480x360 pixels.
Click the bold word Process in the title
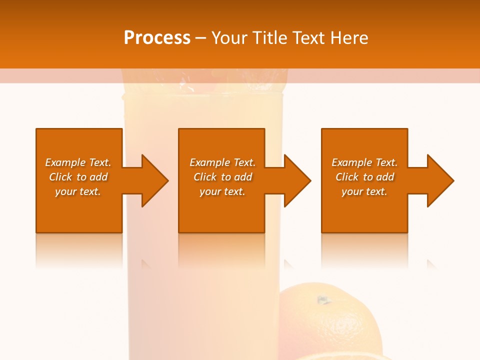pos(157,38)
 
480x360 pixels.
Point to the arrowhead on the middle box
pos(296,180)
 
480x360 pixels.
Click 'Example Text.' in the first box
pos(78,162)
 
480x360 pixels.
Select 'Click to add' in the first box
pos(78,177)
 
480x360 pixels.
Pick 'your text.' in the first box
pos(78,191)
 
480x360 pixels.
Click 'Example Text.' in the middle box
pos(222,162)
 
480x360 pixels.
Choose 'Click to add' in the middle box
pos(222,177)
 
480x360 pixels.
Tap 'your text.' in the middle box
pos(222,191)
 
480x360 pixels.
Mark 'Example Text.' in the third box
pos(364,162)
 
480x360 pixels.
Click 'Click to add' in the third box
pos(364,177)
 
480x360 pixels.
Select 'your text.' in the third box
pos(364,191)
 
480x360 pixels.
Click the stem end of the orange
pos(323,300)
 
